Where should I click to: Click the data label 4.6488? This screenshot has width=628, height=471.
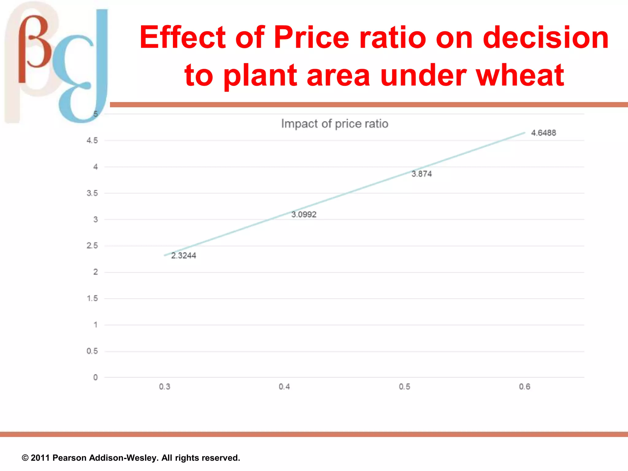(543, 133)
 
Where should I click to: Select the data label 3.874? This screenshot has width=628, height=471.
(422, 174)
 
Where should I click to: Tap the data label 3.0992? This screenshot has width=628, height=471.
(304, 214)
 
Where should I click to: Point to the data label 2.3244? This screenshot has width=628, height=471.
(183, 255)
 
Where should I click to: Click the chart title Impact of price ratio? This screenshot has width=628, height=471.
(335, 124)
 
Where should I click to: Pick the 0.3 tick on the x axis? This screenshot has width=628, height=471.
(165, 387)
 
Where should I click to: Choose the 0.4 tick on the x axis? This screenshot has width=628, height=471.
(284, 387)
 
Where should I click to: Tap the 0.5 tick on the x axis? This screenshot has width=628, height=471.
(404, 387)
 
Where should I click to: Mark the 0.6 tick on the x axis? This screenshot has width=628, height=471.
(525, 387)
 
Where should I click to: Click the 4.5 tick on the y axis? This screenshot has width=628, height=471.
(92, 140)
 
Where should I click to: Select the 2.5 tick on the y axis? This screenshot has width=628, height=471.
(92, 246)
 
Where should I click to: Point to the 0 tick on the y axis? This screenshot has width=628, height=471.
(95, 377)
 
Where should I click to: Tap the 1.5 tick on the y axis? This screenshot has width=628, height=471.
(92, 298)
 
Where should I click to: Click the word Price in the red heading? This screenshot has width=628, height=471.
(311, 37)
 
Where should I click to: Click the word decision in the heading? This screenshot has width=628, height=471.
(545, 37)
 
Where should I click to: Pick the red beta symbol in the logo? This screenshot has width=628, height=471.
(34, 46)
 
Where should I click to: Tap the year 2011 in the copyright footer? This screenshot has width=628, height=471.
(40, 458)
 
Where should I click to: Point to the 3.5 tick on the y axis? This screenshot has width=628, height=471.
(92, 193)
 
